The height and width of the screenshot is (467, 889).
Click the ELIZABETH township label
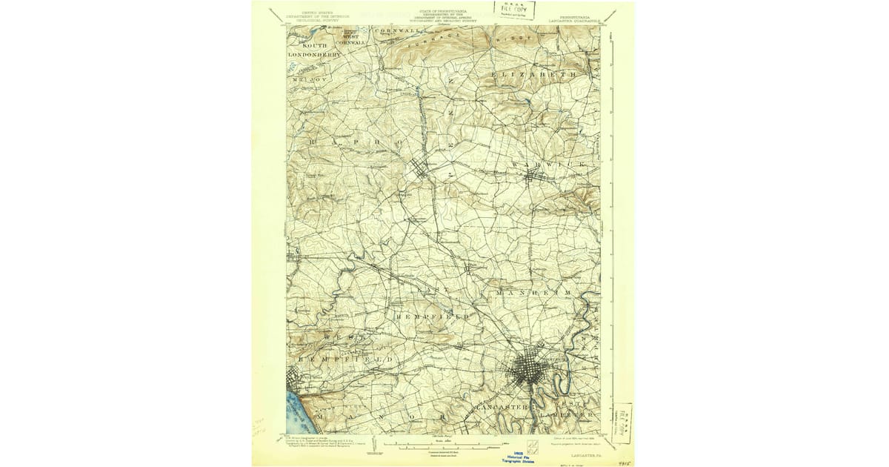point(534,76)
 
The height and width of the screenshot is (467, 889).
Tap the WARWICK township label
point(552,162)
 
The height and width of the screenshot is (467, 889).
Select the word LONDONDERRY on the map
point(315,54)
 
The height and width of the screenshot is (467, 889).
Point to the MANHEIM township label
point(533,293)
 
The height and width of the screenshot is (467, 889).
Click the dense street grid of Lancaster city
point(529,368)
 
